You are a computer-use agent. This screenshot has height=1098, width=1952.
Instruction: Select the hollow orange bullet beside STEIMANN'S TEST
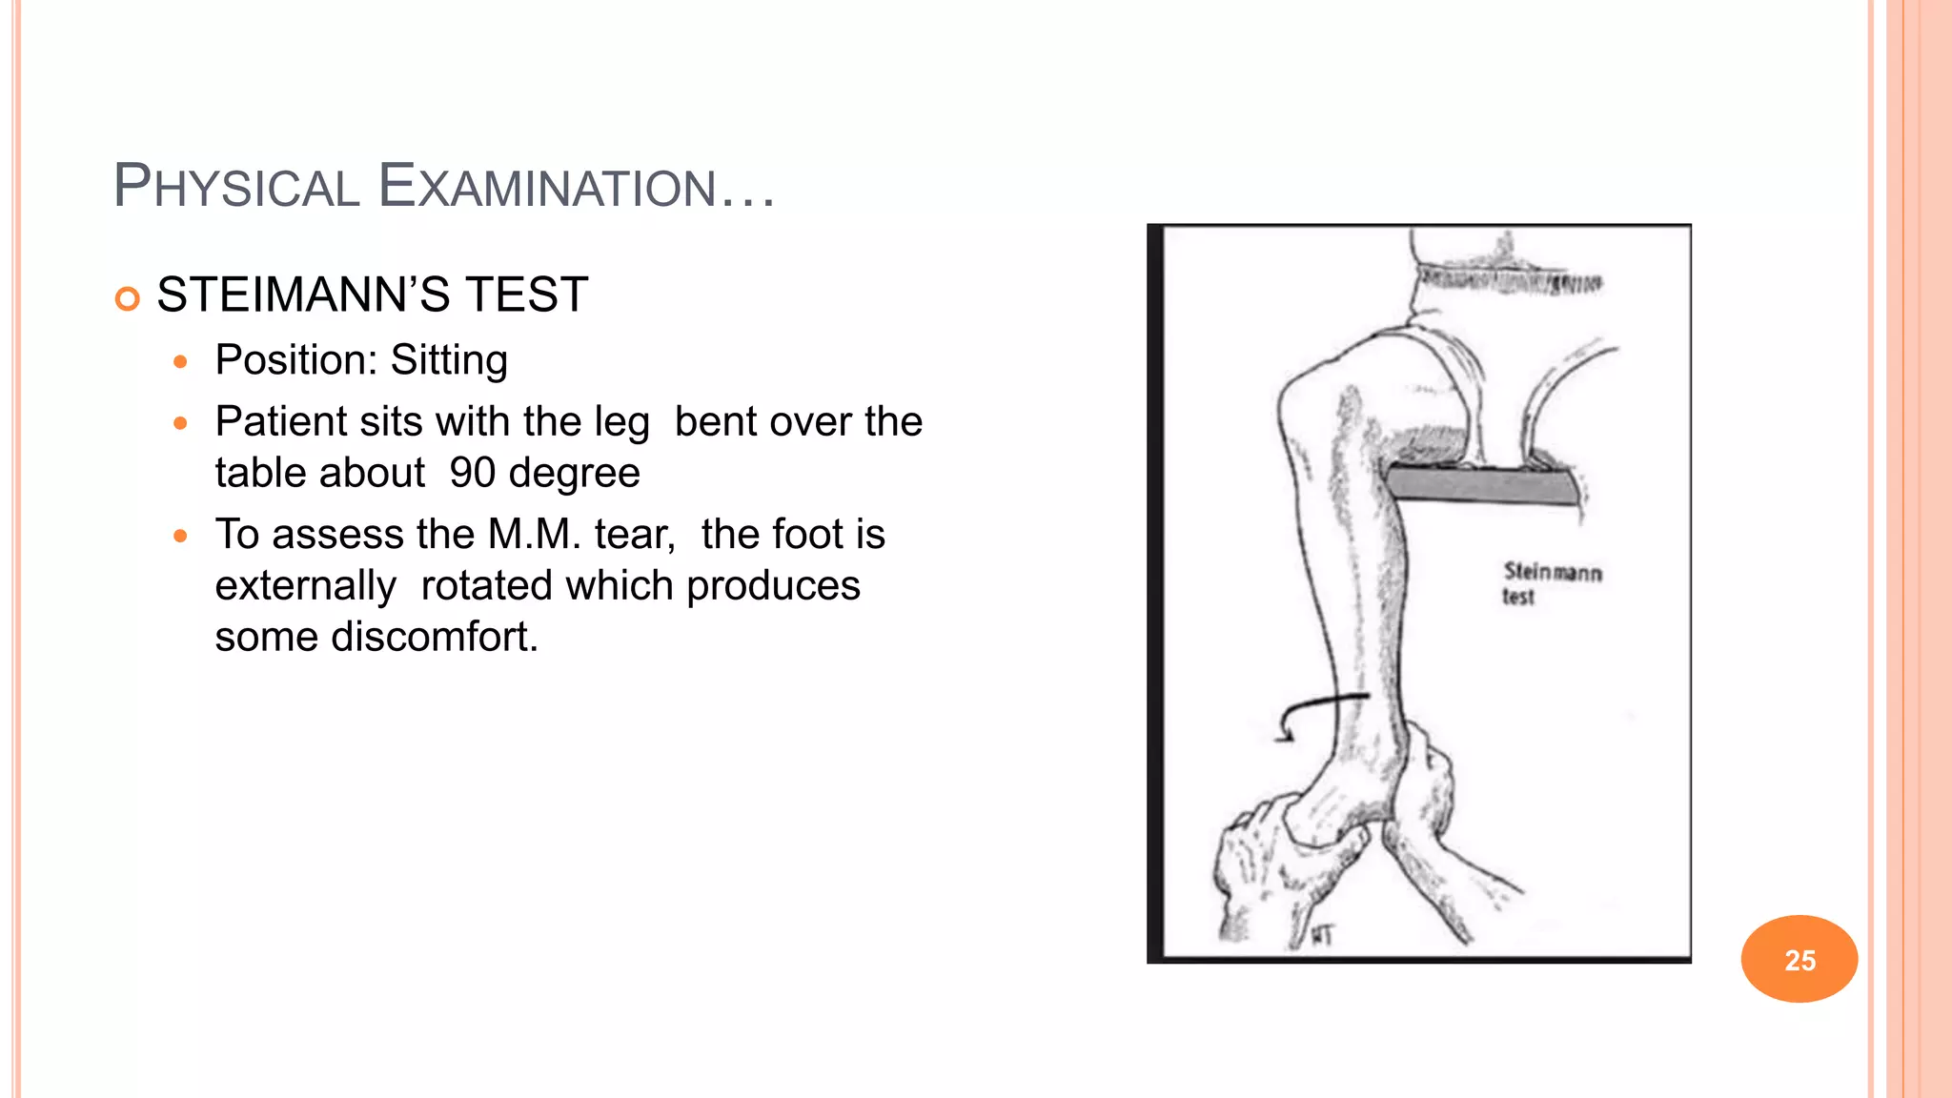click(x=127, y=298)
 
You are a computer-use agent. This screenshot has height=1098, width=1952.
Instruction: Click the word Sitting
click(x=449, y=360)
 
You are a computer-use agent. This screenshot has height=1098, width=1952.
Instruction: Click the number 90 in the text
click(x=472, y=473)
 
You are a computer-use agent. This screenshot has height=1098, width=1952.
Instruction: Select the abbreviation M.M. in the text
click(x=535, y=534)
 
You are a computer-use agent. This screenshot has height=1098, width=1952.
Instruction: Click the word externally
click(x=305, y=585)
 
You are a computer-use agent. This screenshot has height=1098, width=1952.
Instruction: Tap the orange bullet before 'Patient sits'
click(x=181, y=422)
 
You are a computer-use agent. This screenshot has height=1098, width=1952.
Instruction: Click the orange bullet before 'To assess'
click(x=181, y=536)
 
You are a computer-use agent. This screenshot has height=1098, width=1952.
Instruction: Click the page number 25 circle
click(x=1799, y=959)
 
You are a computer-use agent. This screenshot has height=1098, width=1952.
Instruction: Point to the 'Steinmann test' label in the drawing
click(x=1551, y=583)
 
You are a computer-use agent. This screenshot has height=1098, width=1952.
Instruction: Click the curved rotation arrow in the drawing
click(x=1320, y=710)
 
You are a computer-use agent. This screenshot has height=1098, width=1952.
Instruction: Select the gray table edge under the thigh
click(x=1482, y=484)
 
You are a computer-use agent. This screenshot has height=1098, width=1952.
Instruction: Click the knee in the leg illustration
click(x=1325, y=400)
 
